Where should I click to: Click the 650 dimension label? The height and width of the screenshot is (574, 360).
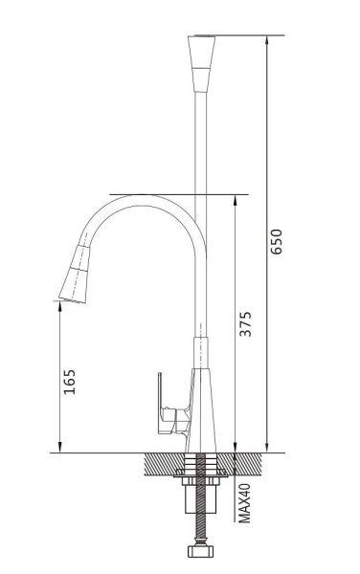(277, 241)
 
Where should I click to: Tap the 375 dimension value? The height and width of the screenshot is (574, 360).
(245, 323)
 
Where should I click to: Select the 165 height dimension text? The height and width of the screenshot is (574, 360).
(70, 382)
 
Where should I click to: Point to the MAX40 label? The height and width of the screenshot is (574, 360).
(244, 502)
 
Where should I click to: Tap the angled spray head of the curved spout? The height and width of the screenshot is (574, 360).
(75, 274)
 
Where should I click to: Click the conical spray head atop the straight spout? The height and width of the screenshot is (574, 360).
(201, 63)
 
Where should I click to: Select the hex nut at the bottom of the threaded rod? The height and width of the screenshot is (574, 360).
(200, 551)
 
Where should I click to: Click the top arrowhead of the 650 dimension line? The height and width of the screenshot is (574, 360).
(266, 40)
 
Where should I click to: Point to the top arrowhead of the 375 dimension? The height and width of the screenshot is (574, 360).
(235, 200)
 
